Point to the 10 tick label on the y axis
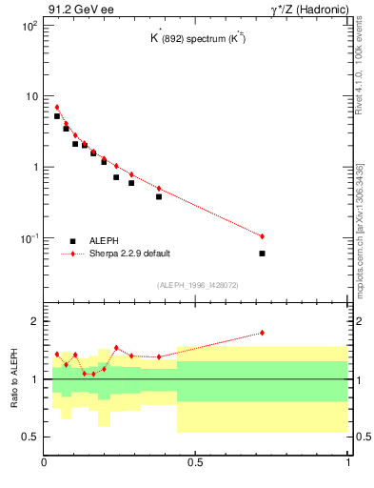30,96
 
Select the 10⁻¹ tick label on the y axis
29,237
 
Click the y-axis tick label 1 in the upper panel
34,167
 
